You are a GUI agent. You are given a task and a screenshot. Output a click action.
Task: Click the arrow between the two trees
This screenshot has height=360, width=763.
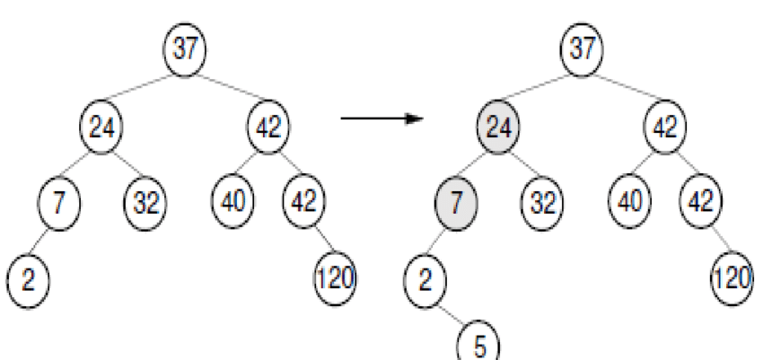point(382,118)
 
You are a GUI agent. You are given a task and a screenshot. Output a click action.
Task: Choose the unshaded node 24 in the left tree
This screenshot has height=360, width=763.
point(101,127)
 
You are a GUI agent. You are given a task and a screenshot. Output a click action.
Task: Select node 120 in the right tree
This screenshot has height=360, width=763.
point(732,278)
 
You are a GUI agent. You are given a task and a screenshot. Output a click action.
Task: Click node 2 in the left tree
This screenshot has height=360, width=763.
point(28,278)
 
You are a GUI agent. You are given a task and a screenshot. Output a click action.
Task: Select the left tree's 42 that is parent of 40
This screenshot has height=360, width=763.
point(267,127)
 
